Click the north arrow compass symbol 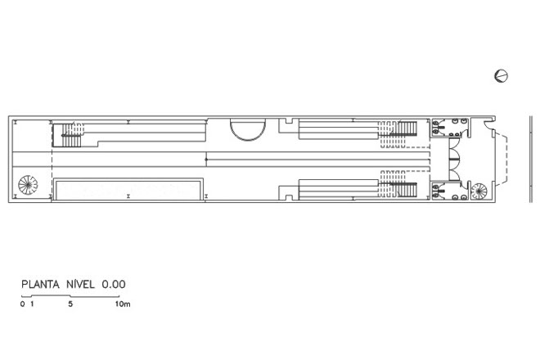[x=501, y=76]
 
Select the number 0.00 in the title [x=113, y=285]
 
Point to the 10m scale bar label [x=123, y=304]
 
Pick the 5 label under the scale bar [x=70, y=304]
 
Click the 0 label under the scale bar [x=22, y=304]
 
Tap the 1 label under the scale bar [x=32, y=304]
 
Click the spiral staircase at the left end [x=29, y=185]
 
